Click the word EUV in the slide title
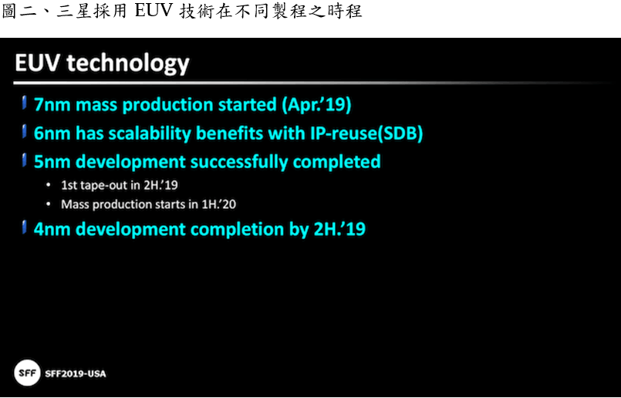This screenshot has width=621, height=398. click(37, 63)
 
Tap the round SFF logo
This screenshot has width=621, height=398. click(27, 373)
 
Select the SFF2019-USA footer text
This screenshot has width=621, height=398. click(76, 373)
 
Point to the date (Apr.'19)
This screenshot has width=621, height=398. click(316, 105)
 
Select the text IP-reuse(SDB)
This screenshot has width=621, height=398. click(366, 133)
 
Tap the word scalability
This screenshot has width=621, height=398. click(150, 134)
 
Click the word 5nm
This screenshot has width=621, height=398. click(52, 162)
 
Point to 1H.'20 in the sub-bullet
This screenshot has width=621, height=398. click(218, 204)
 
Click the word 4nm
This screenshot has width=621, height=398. click(52, 230)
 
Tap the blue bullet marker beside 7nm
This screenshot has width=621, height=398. click(25, 103)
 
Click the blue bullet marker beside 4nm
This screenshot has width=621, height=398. click(25, 228)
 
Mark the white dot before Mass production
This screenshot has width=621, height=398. click(49, 204)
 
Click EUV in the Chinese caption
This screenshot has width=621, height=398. click(154, 11)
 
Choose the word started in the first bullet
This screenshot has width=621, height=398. click(248, 105)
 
